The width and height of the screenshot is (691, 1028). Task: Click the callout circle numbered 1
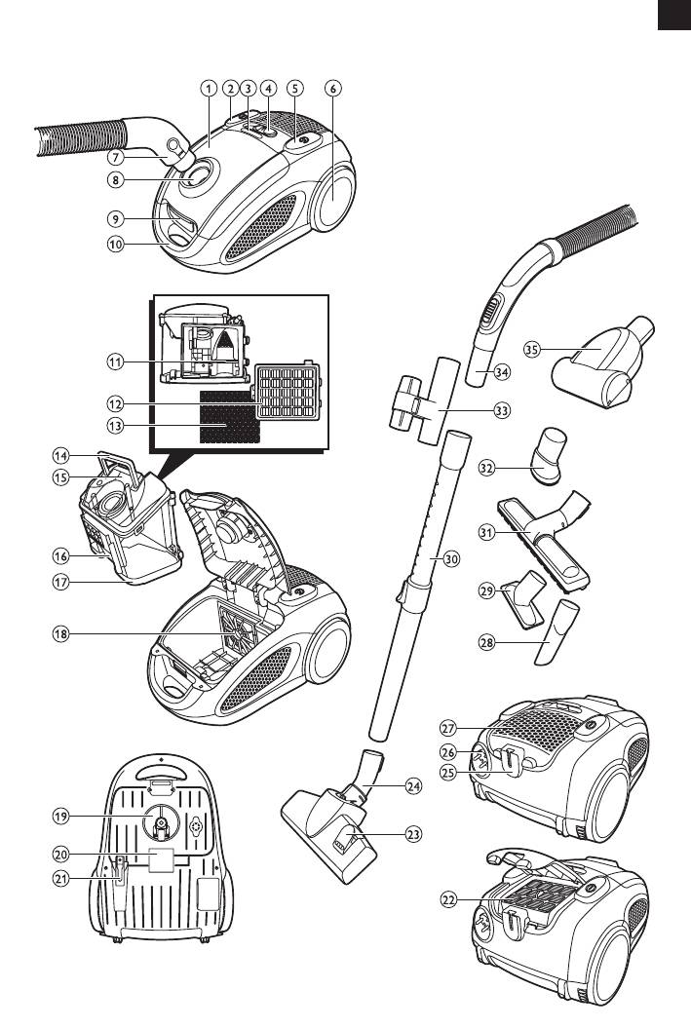[207, 88]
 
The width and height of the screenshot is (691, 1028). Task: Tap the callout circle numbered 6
[333, 88]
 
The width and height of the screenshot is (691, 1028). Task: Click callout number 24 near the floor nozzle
[413, 785]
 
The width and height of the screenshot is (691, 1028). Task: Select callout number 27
[449, 730]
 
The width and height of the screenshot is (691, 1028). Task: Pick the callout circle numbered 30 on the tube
[450, 559]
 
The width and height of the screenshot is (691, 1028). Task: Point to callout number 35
[531, 349]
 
